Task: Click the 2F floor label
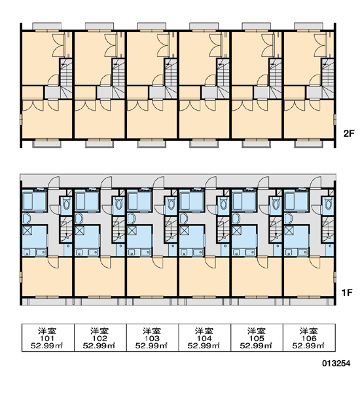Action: point(349,134)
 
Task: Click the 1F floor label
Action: point(347,292)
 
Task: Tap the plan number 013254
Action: point(336,363)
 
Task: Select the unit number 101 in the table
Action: point(47,338)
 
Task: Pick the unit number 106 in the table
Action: point(309,338)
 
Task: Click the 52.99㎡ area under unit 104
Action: point(204,346)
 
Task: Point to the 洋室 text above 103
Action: point(152,331)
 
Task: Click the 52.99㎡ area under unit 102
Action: point(99,346)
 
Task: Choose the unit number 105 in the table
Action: point(257,338)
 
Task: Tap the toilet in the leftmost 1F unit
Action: point(66,204)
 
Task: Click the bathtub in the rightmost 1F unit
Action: point(296,201)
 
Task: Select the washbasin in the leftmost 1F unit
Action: point(26,219)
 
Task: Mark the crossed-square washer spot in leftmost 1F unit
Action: point(27,231)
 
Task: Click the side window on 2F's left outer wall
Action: point(22,120)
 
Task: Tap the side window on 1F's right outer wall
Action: point(334,277)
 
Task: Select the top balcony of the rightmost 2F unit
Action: point(309,26)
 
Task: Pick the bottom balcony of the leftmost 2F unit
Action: point(47,144)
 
